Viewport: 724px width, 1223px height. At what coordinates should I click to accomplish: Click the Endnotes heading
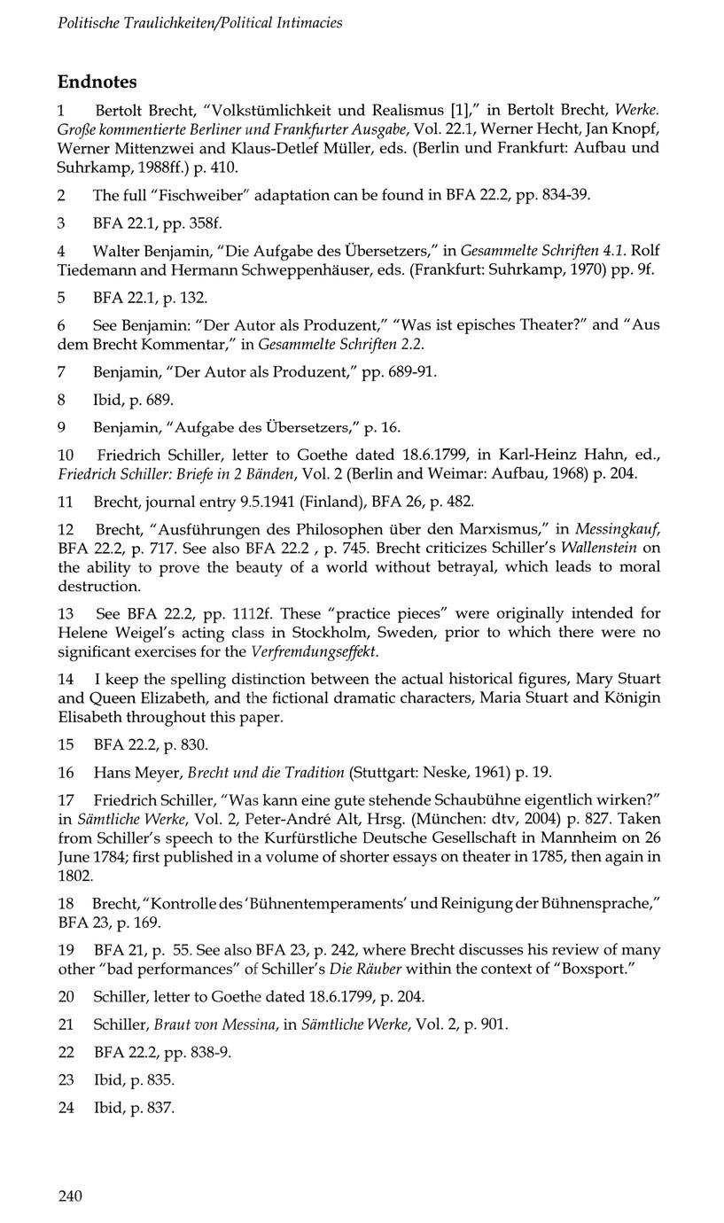click(x=97, y=82)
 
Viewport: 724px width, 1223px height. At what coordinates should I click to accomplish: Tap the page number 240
click(x=70, y=1196)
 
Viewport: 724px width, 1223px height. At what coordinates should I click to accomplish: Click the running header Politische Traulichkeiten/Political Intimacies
click(x=199, y=22)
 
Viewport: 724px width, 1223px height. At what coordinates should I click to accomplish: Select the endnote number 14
click(x=66, y=679)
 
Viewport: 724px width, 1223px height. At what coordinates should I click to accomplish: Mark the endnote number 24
click(x=66, y=1108)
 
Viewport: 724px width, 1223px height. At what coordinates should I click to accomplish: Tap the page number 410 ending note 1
click(x=225, y=167)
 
